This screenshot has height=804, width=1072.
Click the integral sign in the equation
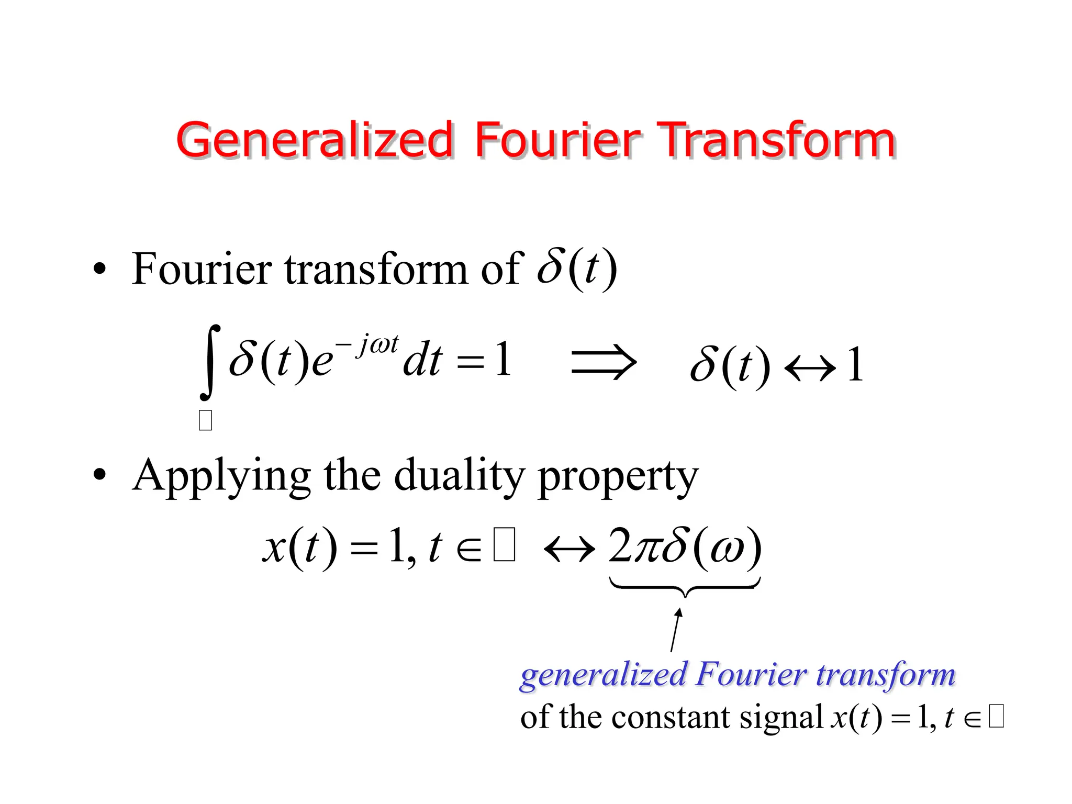point(210,362)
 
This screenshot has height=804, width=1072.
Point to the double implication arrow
point(604,362)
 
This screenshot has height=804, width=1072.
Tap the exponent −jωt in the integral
point(367,345)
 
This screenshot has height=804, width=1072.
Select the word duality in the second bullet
point(459,475)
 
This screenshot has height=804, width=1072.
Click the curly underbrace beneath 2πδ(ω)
point(685,587)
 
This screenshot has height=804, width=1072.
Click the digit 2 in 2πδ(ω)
point(621,546)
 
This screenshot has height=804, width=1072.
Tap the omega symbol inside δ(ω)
point(728,550)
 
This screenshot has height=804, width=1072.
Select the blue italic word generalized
point(602,675)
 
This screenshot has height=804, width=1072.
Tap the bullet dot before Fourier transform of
point(99,270)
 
